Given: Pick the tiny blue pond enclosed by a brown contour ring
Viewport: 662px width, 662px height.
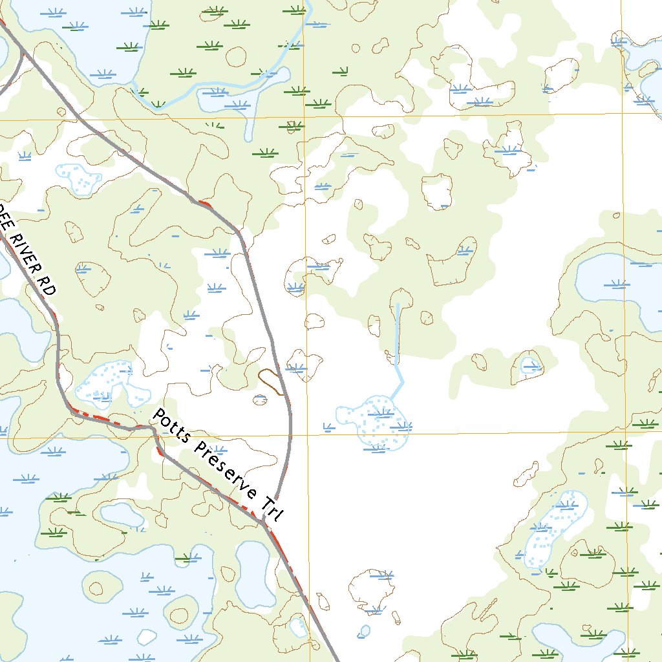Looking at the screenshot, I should click(529, 366).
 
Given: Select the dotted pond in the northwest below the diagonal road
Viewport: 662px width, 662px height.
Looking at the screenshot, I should click(80, 177).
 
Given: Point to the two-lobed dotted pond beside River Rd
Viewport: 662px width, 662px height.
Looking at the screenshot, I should click(110, 385).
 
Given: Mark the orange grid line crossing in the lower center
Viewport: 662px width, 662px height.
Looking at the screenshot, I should click(307, 434).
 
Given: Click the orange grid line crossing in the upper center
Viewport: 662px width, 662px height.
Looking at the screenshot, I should click(304, 118).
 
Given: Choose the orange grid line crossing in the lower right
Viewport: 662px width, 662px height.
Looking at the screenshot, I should click(625, 429).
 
